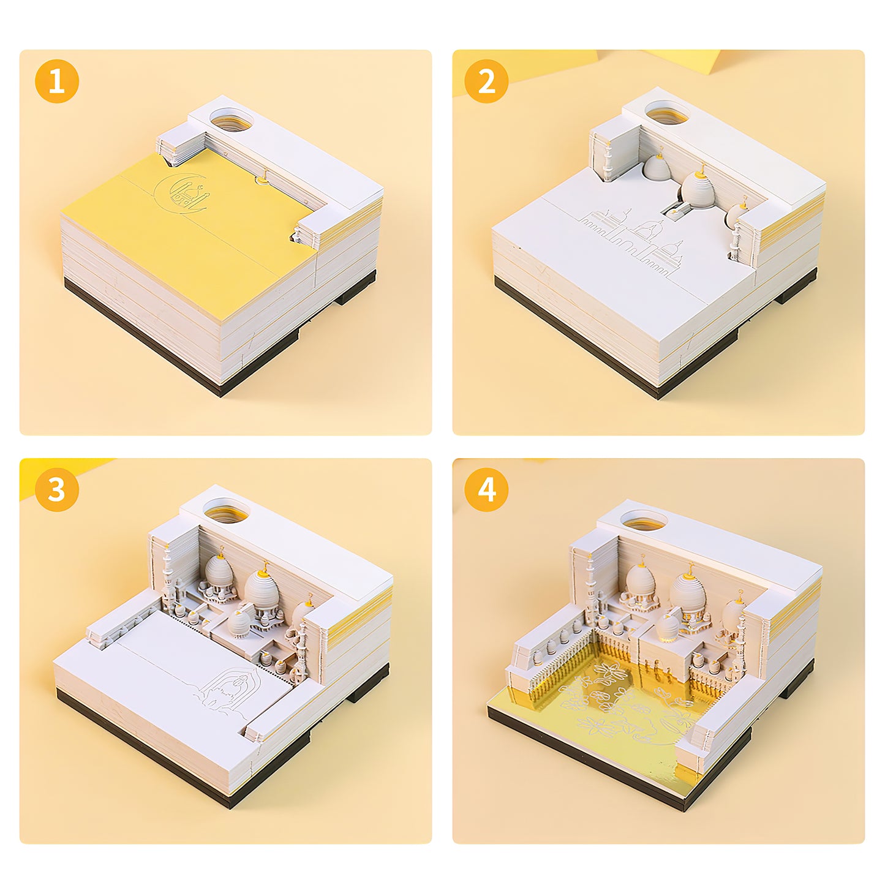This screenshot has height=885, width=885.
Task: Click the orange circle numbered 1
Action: pyautogui.click(x=56, y=81)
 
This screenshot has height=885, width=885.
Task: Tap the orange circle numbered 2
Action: pyautogui.click(x=487, y=81)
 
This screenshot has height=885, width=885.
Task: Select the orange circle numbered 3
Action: pyautogui.click(x=56, y=489)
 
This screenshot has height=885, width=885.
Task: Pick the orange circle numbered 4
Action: pyautogui.click(x=487, y=489)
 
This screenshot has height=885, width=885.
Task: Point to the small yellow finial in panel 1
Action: pyautogui.click(x=262, y=178)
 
